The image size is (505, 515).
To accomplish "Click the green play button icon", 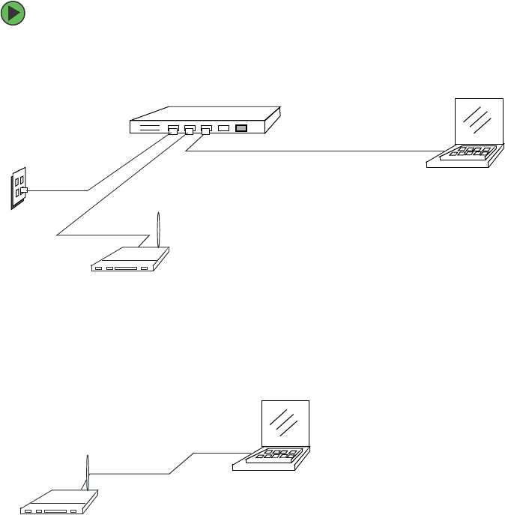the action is click(13, 13).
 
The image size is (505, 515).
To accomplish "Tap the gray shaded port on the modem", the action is click(241, 128).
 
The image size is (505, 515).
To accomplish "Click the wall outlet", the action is click(18, 187).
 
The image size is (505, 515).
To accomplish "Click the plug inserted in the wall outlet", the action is click(24, 190).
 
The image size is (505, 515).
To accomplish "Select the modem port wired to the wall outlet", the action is click(172, 130).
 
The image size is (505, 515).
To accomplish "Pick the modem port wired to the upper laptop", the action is click(206, 130).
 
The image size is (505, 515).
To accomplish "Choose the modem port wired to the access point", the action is click(190, 130).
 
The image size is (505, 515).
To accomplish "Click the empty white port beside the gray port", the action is click(223, 128).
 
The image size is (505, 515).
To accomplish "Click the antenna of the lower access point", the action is click(87, 472).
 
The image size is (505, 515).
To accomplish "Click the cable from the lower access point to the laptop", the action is click(180, 463).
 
